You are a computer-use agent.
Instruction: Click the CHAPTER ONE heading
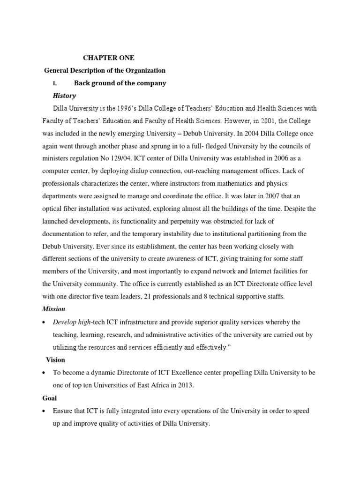(109, 58)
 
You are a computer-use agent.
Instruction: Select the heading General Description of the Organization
(105, 70)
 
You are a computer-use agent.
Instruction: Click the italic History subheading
(65, 96)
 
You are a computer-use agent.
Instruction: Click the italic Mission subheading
(54, 309)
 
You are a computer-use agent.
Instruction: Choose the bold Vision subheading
(55, 360)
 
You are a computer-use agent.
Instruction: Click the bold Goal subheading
(50, 397)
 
